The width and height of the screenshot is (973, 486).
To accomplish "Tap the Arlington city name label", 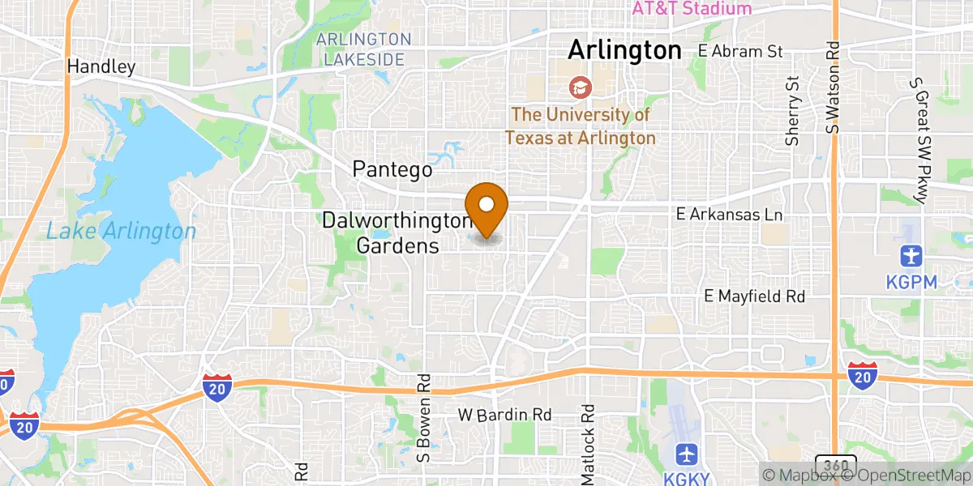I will [624, 50].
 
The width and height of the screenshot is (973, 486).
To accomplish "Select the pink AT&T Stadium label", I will [692, 9].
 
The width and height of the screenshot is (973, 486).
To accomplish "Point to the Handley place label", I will [101, 66].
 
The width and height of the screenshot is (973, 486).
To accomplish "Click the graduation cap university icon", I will [580, 86].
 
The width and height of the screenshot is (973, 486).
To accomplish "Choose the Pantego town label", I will [392, 169].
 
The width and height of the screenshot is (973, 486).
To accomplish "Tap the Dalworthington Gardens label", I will [396, 232].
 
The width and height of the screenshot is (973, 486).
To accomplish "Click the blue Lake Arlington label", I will [121, 232].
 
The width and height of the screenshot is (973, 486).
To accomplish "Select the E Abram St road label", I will [740, 51].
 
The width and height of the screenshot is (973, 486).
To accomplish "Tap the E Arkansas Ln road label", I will [731, 215].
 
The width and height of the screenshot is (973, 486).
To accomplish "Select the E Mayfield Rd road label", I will [754, 297].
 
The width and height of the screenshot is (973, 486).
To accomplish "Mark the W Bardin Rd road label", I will [504, 415].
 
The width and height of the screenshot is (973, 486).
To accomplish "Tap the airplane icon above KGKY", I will [686, 451].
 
